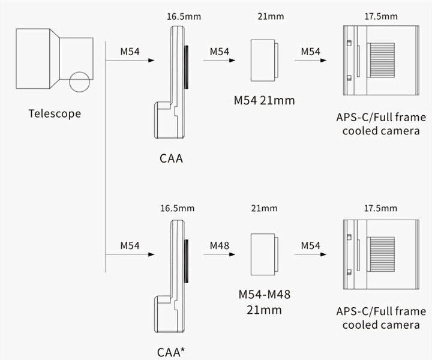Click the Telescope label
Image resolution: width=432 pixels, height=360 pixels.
54,113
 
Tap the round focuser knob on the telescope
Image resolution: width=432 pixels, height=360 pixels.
78,81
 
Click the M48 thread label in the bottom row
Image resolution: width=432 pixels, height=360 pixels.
220,245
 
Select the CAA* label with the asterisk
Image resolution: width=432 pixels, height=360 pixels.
173,351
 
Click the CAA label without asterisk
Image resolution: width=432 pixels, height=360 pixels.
171,159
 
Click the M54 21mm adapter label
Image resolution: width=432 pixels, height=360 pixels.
264,100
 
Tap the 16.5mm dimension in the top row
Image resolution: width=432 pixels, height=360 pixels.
184,16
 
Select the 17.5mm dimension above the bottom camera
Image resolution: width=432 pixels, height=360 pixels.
380,208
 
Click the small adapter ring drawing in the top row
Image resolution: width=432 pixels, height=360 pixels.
264,60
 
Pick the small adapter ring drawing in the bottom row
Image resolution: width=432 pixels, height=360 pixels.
264,253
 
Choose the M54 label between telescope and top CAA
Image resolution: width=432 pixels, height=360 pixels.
130,52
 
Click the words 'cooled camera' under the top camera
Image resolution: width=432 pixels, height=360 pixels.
380,131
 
